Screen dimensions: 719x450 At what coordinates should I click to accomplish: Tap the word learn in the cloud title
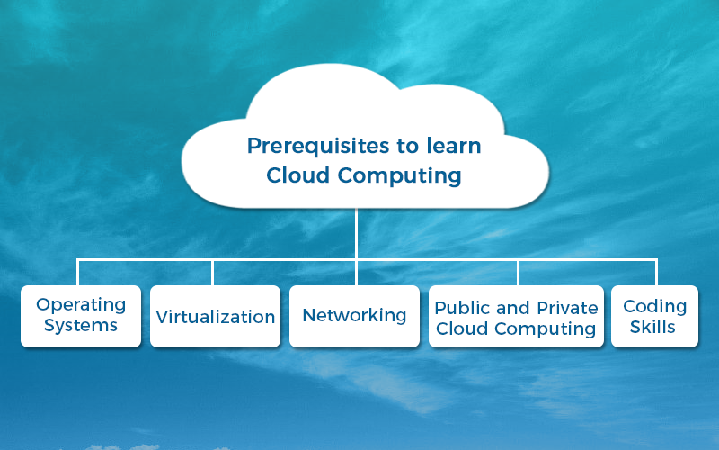(454, 146)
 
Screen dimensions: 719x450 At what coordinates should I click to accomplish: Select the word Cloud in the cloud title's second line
(298, 175)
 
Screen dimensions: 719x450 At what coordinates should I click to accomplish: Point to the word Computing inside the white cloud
(399, 176)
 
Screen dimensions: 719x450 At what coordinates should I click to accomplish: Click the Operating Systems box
(81, 316)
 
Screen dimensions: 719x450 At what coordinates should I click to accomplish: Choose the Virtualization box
(215, 316)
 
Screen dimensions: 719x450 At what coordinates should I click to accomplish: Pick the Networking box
(354, 316)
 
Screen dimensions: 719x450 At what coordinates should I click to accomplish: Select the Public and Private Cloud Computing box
(516, 316)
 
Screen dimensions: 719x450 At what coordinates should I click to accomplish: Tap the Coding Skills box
(655, 316)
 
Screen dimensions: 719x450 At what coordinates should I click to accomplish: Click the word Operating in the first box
(81, 305)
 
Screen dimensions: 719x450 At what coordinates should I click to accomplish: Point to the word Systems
(81, 326)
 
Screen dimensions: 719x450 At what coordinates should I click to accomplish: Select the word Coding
(655, 307)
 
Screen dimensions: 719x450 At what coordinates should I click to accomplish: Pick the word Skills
(652, 327)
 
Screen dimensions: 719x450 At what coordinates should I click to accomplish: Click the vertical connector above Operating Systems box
(78, 273)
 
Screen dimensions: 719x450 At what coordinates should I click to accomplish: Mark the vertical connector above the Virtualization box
(213, 273)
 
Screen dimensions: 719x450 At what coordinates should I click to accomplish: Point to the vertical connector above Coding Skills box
(657, 273)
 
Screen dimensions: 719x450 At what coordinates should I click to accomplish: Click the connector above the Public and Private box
(518, 273)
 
